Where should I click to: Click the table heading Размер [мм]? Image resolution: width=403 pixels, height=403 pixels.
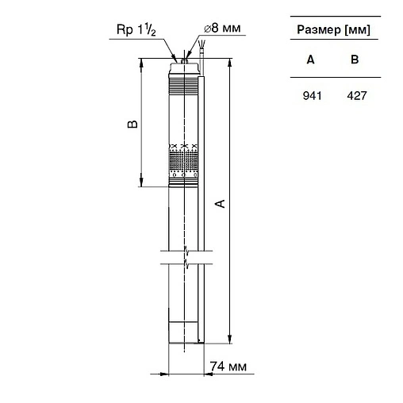tap(332, 31)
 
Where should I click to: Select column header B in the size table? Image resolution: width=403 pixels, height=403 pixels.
tap(355, 59)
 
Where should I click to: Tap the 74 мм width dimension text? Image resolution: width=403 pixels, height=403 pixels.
tap(228, 367)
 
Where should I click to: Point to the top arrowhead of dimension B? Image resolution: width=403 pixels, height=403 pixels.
tap(141, 62)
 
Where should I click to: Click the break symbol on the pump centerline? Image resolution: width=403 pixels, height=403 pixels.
tap(185, 258)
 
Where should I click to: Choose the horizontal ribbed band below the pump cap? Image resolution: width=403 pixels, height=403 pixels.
tap(183, 79)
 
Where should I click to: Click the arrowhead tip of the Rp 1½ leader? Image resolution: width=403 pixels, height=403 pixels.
tap(176, 59)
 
